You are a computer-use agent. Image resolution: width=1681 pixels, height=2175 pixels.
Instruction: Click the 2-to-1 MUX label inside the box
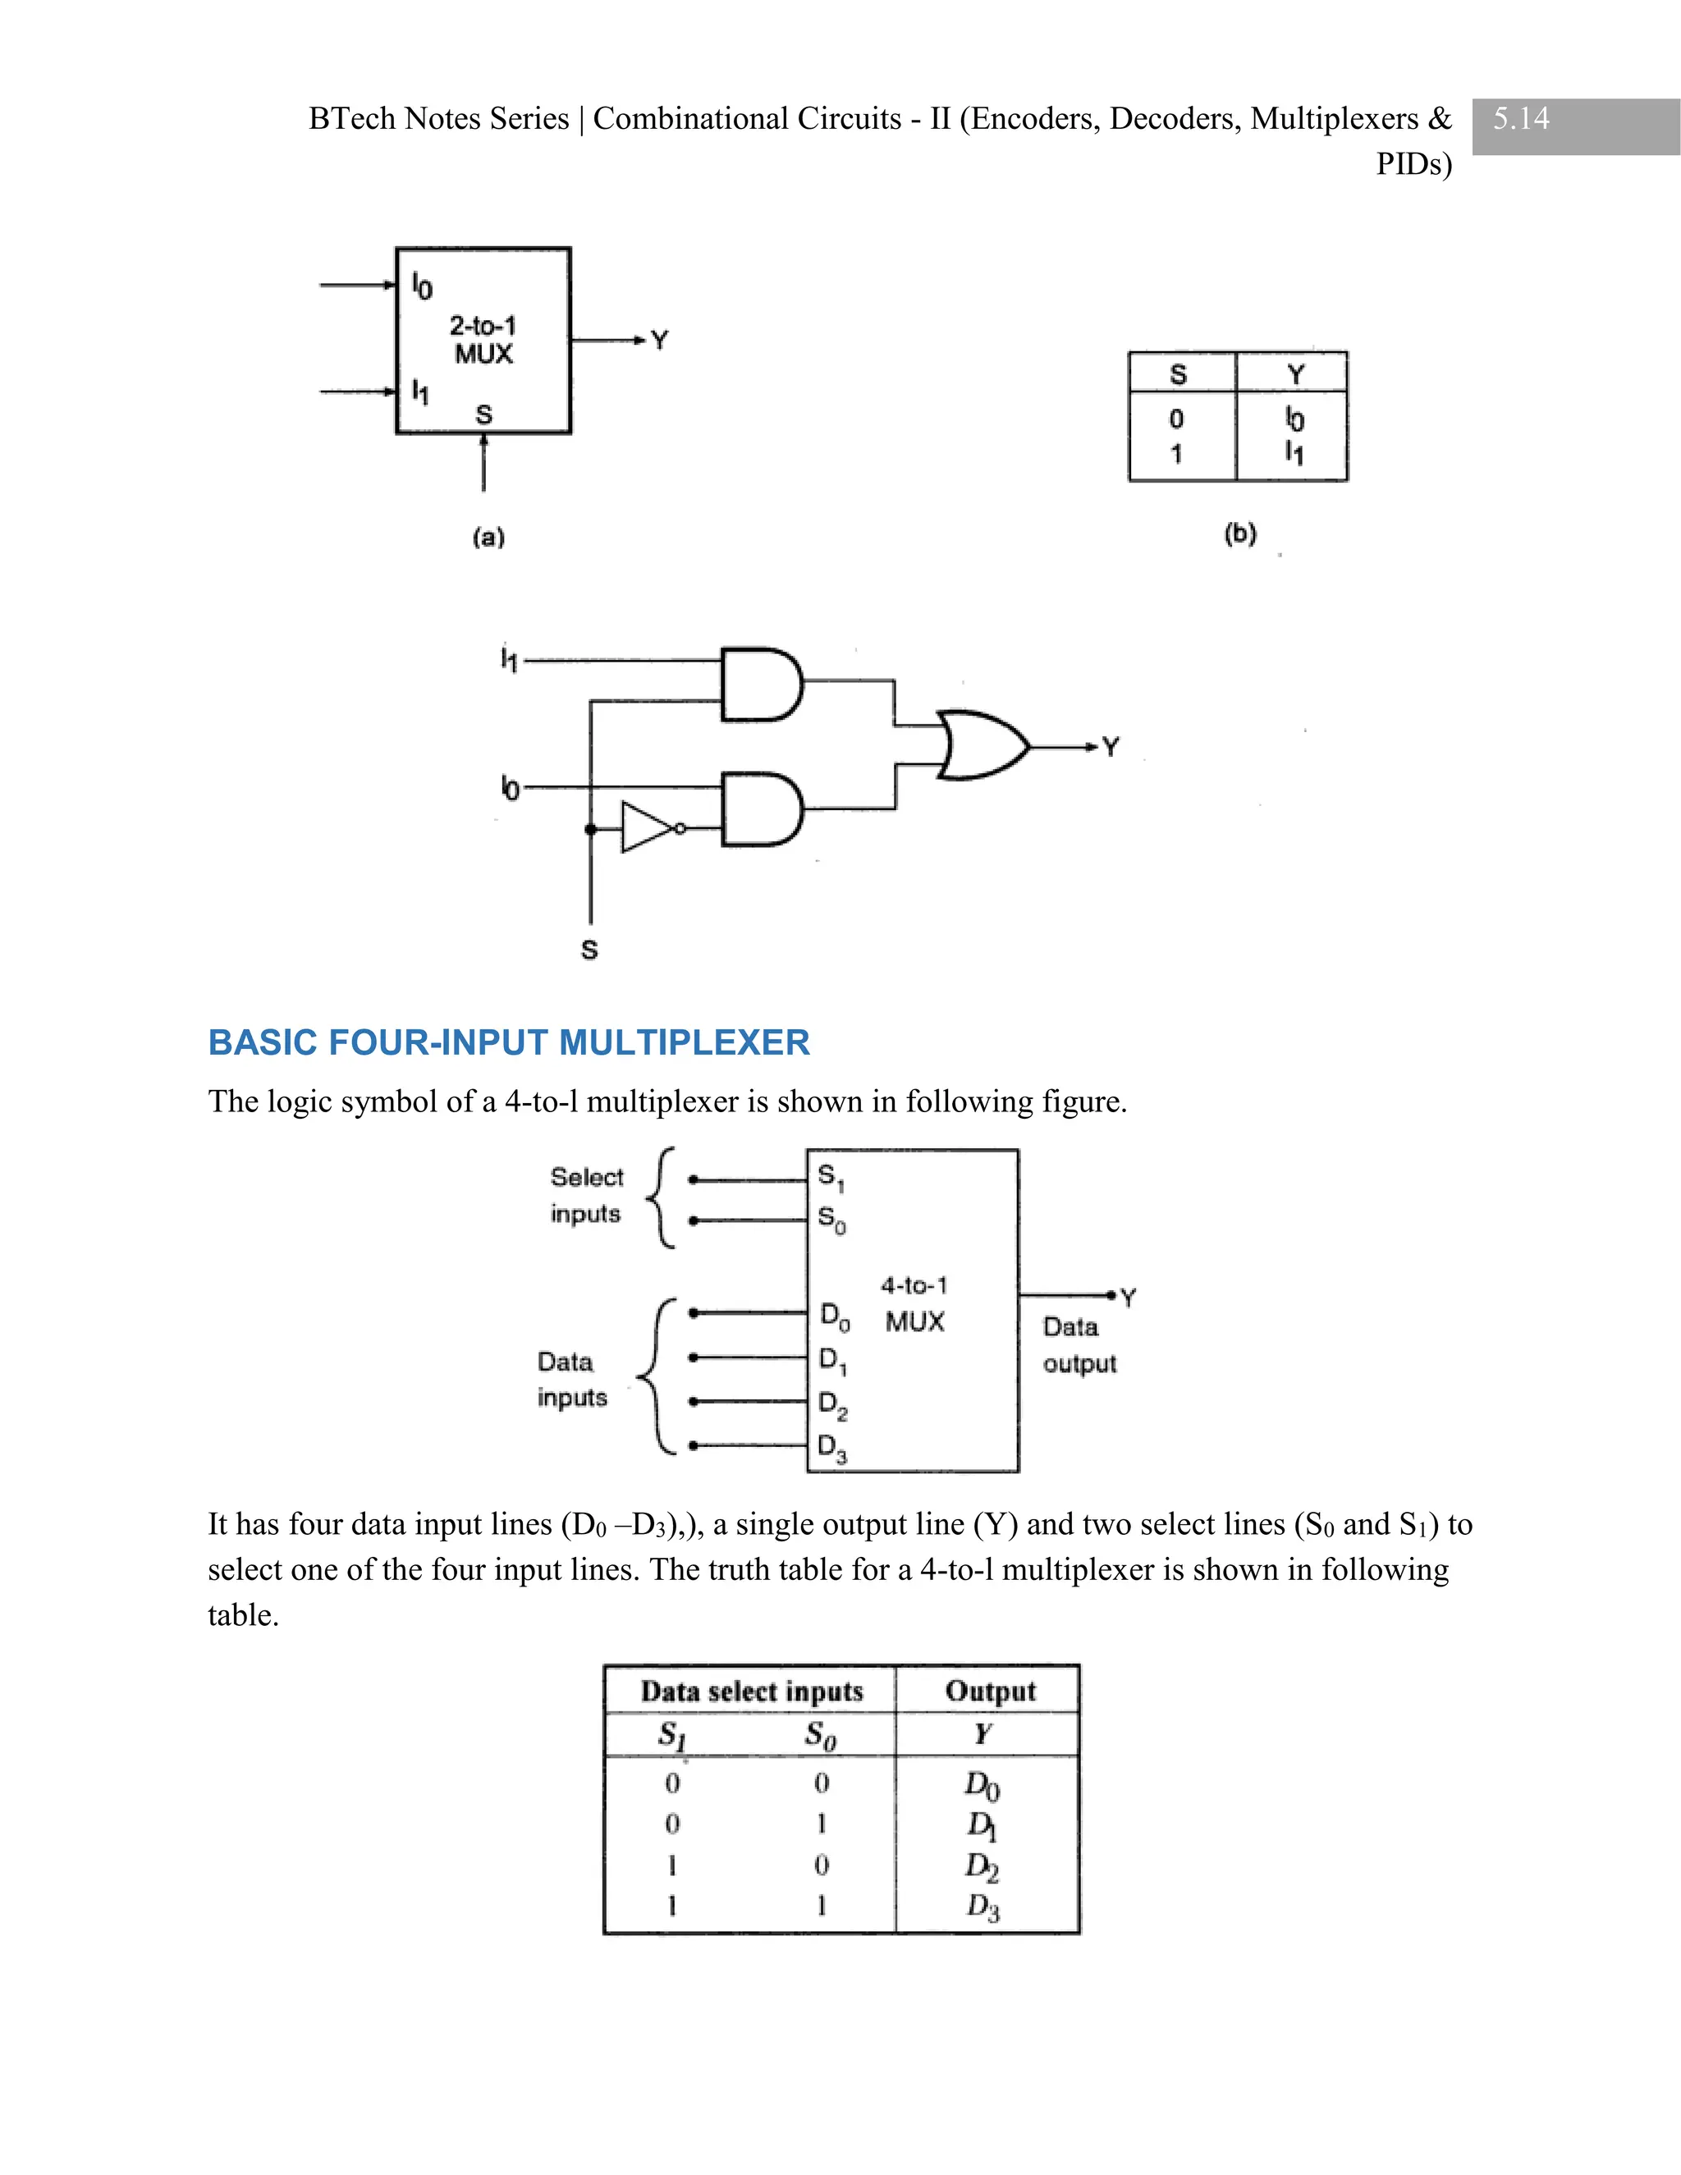[483, 340]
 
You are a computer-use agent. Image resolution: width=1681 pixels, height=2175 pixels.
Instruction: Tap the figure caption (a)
[488, 538]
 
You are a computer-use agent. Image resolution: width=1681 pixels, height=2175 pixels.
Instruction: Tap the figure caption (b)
[1240, 533]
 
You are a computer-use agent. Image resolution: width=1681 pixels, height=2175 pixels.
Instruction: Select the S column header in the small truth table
[1178, 374]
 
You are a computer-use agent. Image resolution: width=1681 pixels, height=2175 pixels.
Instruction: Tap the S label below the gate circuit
[589, 950]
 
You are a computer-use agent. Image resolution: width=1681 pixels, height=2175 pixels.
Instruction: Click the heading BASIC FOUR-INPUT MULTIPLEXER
[508, 1042]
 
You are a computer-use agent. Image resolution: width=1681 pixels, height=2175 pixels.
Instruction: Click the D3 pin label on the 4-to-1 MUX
[832, 1448]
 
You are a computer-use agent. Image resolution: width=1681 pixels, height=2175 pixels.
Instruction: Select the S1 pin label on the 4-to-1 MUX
[831, 1177]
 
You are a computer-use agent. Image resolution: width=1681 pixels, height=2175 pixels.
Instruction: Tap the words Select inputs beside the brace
[587, 1195]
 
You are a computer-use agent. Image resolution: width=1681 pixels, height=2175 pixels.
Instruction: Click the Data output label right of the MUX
[1079, 1345]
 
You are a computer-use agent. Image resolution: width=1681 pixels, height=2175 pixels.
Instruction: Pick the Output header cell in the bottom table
[990, 1691]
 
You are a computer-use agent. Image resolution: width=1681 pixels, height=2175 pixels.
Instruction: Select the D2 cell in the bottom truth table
[981, 1866]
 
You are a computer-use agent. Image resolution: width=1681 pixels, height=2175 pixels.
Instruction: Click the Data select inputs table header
[751, 1691]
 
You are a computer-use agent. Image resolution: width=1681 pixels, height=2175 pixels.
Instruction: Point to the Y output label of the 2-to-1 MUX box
[659, 341]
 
